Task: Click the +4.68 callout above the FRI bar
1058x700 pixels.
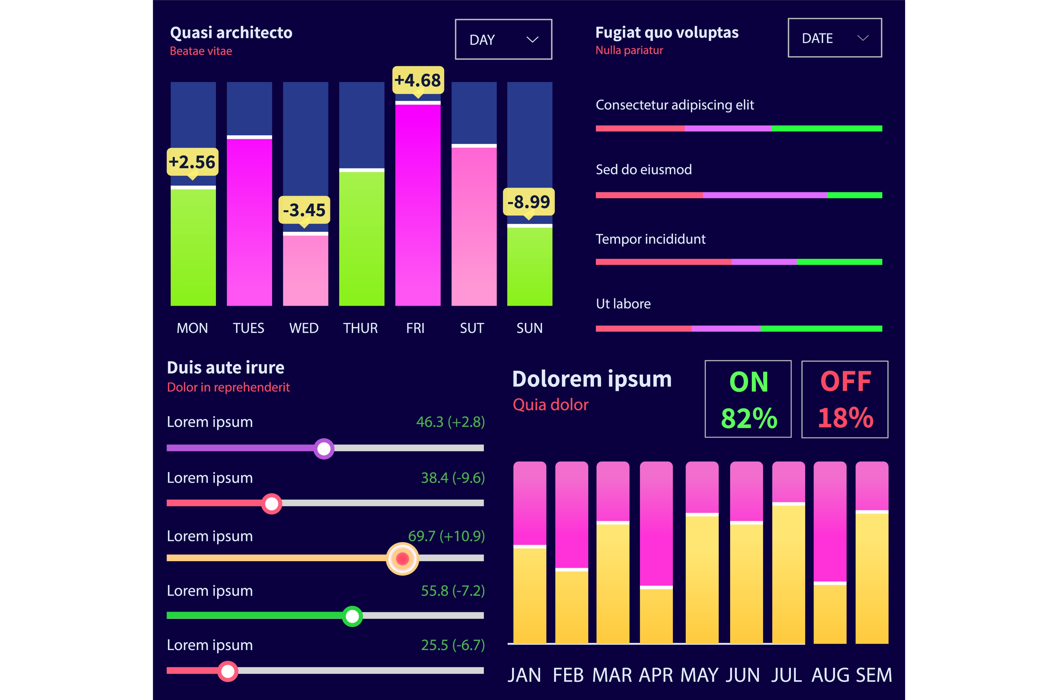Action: (418, 80)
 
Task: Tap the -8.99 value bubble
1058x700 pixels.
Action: (528, 202)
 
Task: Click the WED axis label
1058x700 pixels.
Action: (304, 328)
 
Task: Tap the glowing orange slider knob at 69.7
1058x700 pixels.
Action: (402, 559)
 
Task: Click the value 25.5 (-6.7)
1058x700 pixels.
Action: (452, 645)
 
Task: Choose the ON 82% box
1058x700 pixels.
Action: (748, 399)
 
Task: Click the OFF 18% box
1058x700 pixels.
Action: (845, 399)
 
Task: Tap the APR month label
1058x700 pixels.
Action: (656, 675)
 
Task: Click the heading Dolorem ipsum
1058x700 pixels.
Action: (592, 379)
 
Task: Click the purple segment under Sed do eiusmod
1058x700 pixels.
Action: (765, 195)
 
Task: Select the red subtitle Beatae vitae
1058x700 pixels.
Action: (201, 51)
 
